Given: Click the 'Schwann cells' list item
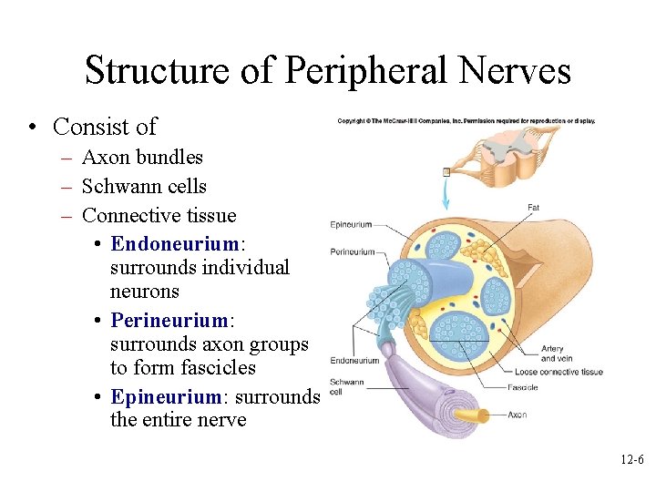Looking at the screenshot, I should click(144, 187).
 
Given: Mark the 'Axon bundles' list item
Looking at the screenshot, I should click(142, 158).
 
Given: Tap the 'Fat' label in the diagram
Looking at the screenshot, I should click(533, 208).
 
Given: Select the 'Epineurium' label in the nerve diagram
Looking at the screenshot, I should click(351, 224).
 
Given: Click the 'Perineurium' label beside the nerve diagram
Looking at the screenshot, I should click(353, 251).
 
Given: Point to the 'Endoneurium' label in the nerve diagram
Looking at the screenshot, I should click(354, 361).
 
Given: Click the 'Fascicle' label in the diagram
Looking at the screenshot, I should click(523, 387).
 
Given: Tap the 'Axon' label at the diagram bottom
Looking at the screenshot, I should click(517, 415).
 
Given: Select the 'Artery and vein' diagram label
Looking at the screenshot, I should click(552, 354).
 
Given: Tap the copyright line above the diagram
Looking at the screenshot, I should click(466, 120).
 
